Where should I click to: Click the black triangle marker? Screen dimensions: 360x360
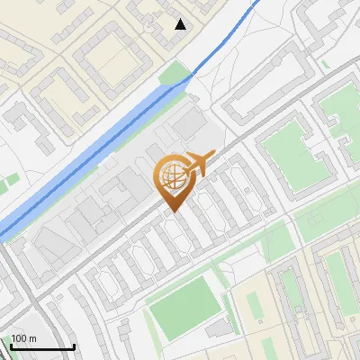[181, 24]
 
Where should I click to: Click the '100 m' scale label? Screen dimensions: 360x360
[23, 338]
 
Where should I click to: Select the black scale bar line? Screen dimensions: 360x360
[42, 346]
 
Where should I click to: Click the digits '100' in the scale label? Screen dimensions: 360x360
[19, 338]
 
